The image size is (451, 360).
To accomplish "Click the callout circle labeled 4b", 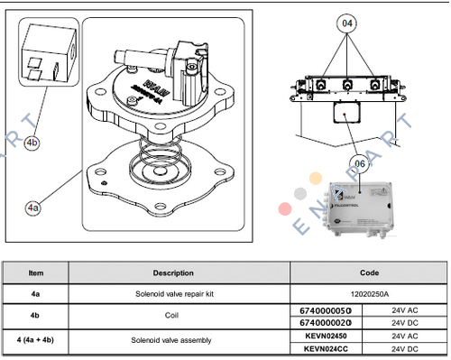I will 32,143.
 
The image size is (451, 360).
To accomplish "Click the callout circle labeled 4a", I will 33,208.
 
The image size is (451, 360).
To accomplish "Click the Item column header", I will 36,272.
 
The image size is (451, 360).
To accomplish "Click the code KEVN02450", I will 320,335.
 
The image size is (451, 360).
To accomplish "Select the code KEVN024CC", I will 320,347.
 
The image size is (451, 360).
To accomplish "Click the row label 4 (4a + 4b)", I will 36,341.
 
